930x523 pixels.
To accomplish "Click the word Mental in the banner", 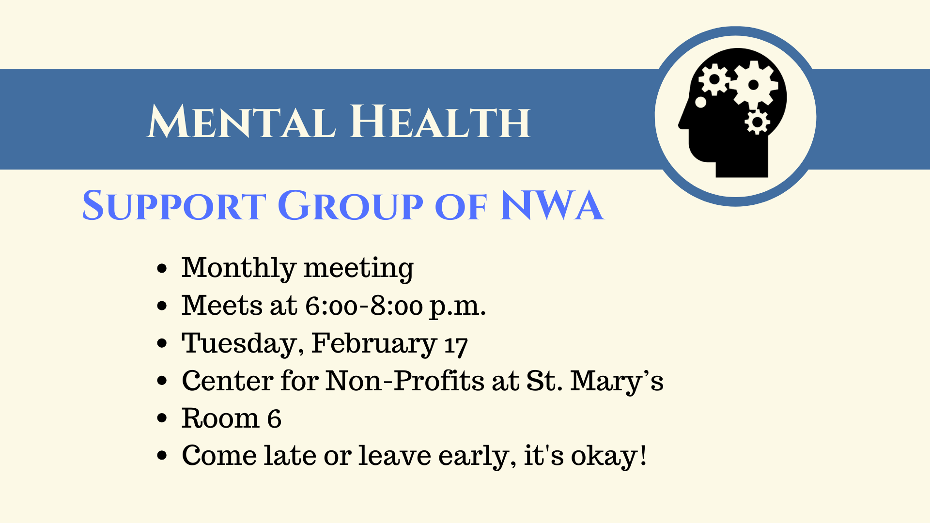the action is click(241, 121).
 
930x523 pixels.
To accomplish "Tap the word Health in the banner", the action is click(440, 121).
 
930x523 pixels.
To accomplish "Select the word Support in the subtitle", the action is click(174, 205).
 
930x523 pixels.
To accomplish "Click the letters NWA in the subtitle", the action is click(553, 205).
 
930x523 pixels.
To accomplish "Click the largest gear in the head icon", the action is click(753, 85).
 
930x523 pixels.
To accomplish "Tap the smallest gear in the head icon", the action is click(757, 122).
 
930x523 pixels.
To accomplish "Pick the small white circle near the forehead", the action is click(700, 102).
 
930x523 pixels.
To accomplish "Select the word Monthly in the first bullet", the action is click(238, 268).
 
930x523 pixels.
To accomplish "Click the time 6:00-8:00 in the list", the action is click(364, 306).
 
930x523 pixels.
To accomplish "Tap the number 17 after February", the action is click(456, 345).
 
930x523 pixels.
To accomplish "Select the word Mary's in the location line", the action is click(617, 382).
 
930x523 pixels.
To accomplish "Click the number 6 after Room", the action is click(274, 418).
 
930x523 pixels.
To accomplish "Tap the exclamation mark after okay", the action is click(643, 456).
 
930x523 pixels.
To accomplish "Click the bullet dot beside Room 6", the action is click(162, 418).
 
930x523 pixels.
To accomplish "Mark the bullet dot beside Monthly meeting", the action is click(162, 268).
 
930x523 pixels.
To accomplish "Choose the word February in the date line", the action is click(374, 344).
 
